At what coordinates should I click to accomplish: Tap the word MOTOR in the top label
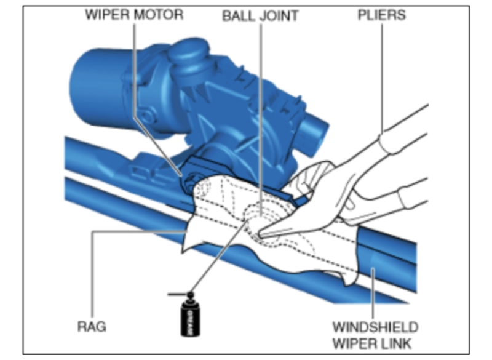point(157,14)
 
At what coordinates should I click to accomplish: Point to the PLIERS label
point(381,14)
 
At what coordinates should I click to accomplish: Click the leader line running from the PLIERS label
point(381,80)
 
